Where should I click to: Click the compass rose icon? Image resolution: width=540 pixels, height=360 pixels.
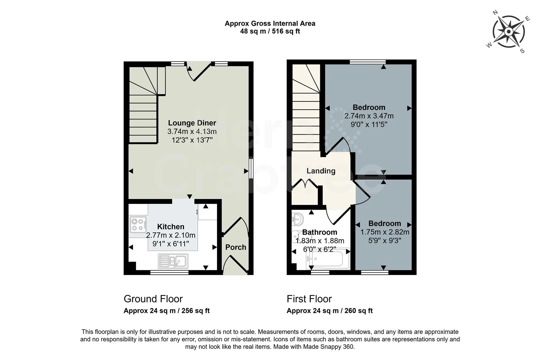pyautogui.click(x=509, y=32)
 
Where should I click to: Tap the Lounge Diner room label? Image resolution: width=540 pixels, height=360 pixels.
pyautogui.click(x=192, y=123)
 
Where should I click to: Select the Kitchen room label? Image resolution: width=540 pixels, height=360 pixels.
pyautogui.click(x=171, y=227)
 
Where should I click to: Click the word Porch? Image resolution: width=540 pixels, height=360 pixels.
pyautogui.click(x=236, y=247)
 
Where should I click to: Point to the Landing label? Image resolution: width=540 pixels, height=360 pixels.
pyautogui.click(x=321, y=171)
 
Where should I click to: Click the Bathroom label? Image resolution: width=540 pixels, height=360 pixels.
pyautogui.click(x=320, y=232)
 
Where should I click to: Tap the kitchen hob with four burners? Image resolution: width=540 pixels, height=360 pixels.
pyautogui.click(x=138, y=224)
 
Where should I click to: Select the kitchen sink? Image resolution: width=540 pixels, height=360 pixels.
pyautogui.click(x=173, y=261)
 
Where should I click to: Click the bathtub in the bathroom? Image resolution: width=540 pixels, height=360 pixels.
pyautogui.click(x=328, y=259)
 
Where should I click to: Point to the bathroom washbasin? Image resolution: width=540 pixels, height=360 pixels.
pyautogui.click(x=297, y=218)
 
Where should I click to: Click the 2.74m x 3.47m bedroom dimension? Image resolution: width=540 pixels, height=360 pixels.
pyautogui.click(x=369, y=116)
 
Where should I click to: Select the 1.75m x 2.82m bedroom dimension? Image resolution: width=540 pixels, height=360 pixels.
pyautogui.click(x=385, y=232)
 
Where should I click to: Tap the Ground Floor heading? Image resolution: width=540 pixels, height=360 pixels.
pyautogui.click(x=153, y=299)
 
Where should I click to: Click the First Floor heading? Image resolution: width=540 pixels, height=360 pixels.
pyautogui.click(x=309, y=299)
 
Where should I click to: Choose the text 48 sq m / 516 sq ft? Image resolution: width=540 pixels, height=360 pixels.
pyautogui.click(x=270, y=32)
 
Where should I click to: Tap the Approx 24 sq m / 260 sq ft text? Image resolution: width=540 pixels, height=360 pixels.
pyautogui.click(x=329, y=311)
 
